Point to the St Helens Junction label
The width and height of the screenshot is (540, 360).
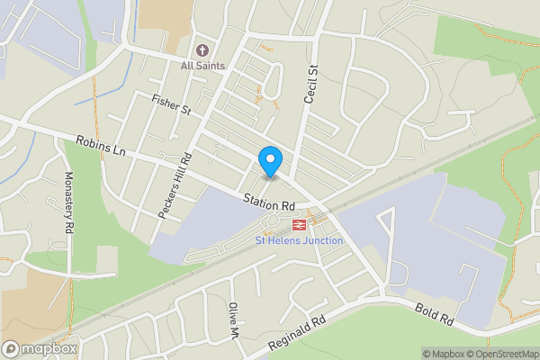(299, 240)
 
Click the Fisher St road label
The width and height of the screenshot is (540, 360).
(173, 104)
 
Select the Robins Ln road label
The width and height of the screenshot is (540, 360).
(101, 147)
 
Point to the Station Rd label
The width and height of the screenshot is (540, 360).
(268, 202)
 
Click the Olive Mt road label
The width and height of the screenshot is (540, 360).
(234, 319)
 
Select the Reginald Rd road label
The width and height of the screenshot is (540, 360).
(296, 336)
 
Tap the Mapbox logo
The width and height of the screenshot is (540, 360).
(40, 348)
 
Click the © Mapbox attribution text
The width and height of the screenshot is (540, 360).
(446, 354)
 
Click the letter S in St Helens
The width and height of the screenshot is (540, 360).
(259, 240)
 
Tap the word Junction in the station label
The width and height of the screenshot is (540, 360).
(323, 240)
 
